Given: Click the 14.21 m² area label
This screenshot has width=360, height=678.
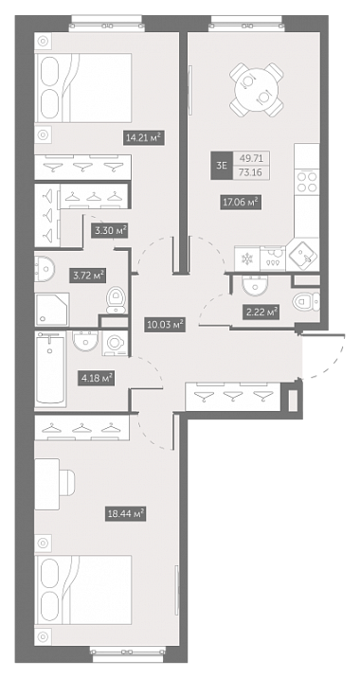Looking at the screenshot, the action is (x=144, y=138).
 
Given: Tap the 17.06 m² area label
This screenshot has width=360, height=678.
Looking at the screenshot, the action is (x=241, y=202).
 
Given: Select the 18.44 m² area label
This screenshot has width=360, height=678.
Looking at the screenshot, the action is (x=125, y=513).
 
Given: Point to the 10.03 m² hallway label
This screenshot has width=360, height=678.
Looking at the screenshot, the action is (x=165, y=324).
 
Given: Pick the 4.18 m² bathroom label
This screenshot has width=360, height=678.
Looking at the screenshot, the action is (x=97, y=379).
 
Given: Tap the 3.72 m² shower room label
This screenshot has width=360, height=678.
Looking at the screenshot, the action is (x=88, y=275).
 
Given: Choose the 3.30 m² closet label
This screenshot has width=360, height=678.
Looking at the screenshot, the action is (x=111, y=231).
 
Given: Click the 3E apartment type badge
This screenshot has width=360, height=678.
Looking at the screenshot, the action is (x=222, y=165).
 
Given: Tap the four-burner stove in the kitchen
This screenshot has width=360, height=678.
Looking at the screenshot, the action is (x=307, y=181).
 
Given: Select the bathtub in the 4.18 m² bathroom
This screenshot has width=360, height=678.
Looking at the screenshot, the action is (x=51, y=369).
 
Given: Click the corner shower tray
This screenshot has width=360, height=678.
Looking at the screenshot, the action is (x=52, y=309).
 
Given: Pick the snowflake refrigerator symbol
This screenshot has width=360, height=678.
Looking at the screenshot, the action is (x=247, y=259).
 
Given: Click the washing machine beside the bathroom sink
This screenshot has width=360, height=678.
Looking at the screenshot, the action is (x=115, y=344).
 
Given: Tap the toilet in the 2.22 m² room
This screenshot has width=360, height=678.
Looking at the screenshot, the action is (x=307, y=301).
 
